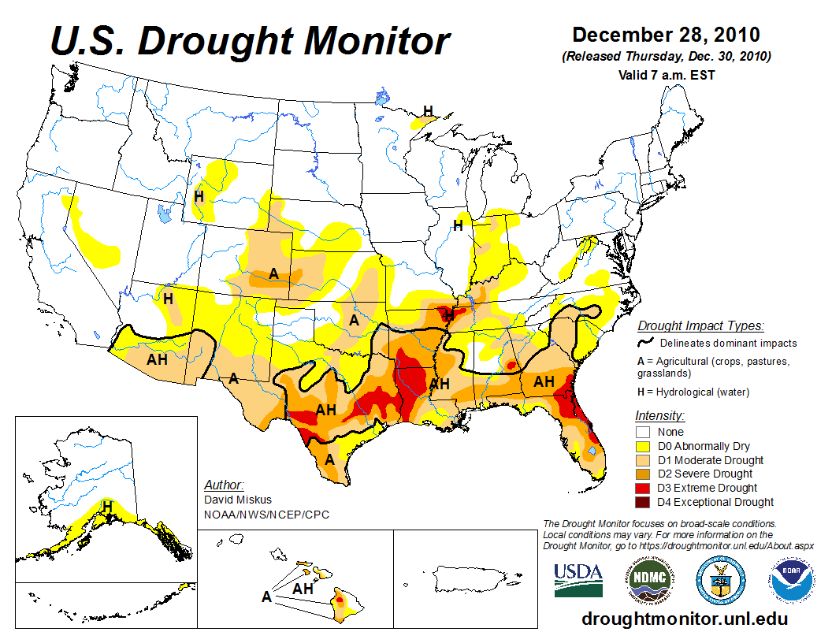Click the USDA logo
578,580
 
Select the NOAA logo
790,580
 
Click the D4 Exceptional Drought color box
644,502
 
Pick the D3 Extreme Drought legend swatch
644,488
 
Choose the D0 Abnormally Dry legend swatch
644,446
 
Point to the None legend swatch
644,432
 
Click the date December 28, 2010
666,35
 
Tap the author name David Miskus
237,500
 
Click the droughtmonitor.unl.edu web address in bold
684,619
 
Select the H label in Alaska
107,505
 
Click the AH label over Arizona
158,359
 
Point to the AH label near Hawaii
303,588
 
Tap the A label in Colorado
273,273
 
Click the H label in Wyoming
199,196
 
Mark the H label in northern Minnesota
428,111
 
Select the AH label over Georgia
544,382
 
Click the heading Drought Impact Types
700,325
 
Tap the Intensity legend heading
659,415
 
